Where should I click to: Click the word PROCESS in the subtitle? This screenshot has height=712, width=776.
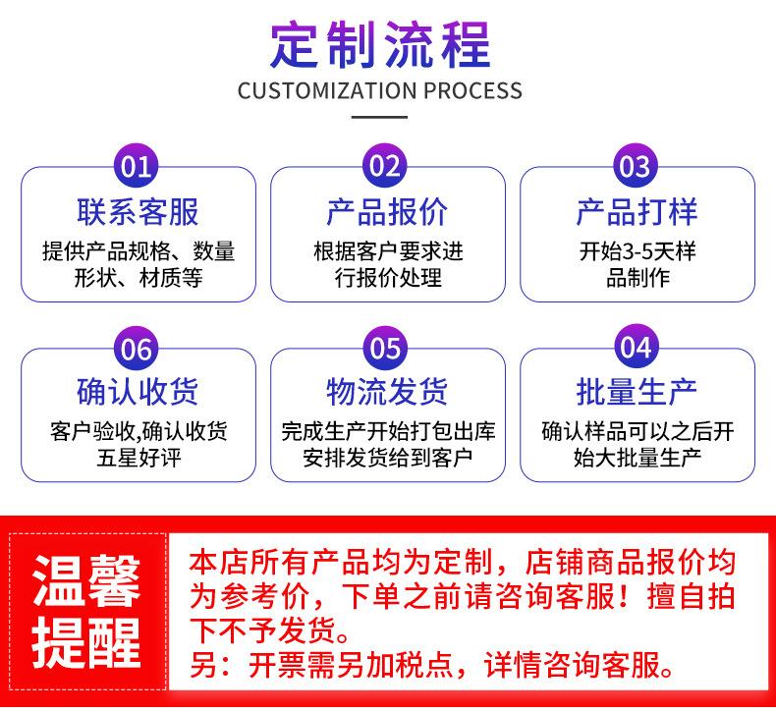point(472,91)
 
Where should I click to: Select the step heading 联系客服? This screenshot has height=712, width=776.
point(138,211)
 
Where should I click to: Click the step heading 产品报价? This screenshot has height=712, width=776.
point(387,211)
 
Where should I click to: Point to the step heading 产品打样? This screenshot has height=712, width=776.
point(637,211)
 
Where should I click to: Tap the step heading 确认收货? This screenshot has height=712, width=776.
point(138,392)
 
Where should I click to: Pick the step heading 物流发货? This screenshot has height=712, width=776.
point(387,392)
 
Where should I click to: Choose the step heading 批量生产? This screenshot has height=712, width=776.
point(637,392)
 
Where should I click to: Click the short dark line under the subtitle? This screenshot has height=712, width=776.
point(379,118)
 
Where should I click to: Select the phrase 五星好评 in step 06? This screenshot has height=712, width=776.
point(138,458)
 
